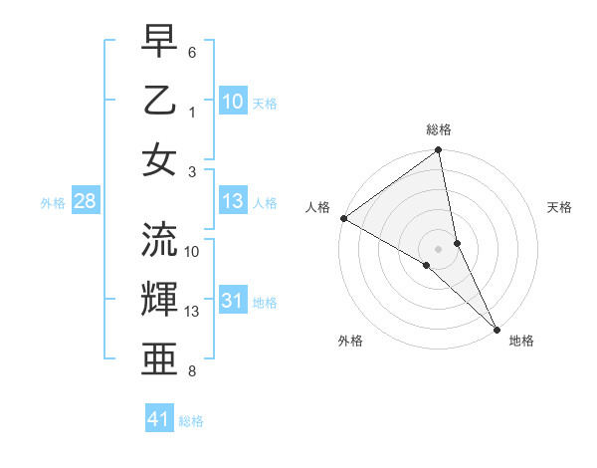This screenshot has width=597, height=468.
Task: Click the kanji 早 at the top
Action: pyautogui.click(x=159, y=43)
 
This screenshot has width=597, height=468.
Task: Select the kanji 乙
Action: pyautogui.click(x=159, y=101)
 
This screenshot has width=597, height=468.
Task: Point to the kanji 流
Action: pyautogui.click(x=159, y=240)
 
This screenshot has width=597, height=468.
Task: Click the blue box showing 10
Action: pyautogui.click(x=233, y=101)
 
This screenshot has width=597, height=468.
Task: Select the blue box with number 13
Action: pyautogui.click(x=233, y=201)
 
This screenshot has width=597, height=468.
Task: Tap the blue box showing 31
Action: pyautogui.click(x=233, y=302)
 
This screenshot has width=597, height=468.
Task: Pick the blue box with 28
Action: pyautogui.click(x=85, y=202)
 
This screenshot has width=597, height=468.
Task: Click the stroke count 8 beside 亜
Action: pyautogui.click(x=192, y=371)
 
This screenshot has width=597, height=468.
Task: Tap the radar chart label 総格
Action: pyautogui.click(x=439, y=129)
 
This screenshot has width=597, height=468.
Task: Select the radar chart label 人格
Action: pyautogui.click(x=317, y=207)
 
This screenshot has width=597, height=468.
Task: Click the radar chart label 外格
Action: pyautogui.click(x=350, y=341)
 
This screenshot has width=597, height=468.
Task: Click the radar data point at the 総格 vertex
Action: pyautogui.click(x=439, y=151)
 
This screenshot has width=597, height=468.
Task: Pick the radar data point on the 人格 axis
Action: pyautogui.click(x=343, y=217)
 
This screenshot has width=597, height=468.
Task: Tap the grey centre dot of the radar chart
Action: pyautogui.click(x=439, y=248)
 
